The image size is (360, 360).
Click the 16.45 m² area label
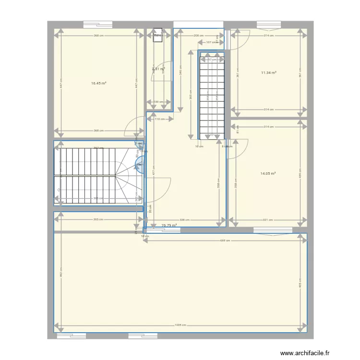point(98,83)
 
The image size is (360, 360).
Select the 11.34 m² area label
point(269,73)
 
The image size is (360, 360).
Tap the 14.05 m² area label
point(268,173)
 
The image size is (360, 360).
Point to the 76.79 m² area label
point(169,225)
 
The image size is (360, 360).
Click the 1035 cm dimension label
point(180,325)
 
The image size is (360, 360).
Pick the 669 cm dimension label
point(225,240)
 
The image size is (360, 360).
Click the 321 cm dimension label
point(268,220)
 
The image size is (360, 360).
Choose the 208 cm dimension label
point(198,36)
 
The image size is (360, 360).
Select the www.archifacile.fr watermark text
point(305,353)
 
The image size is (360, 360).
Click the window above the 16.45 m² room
point(98,24)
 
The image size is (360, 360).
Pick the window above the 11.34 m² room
point(269,24)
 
